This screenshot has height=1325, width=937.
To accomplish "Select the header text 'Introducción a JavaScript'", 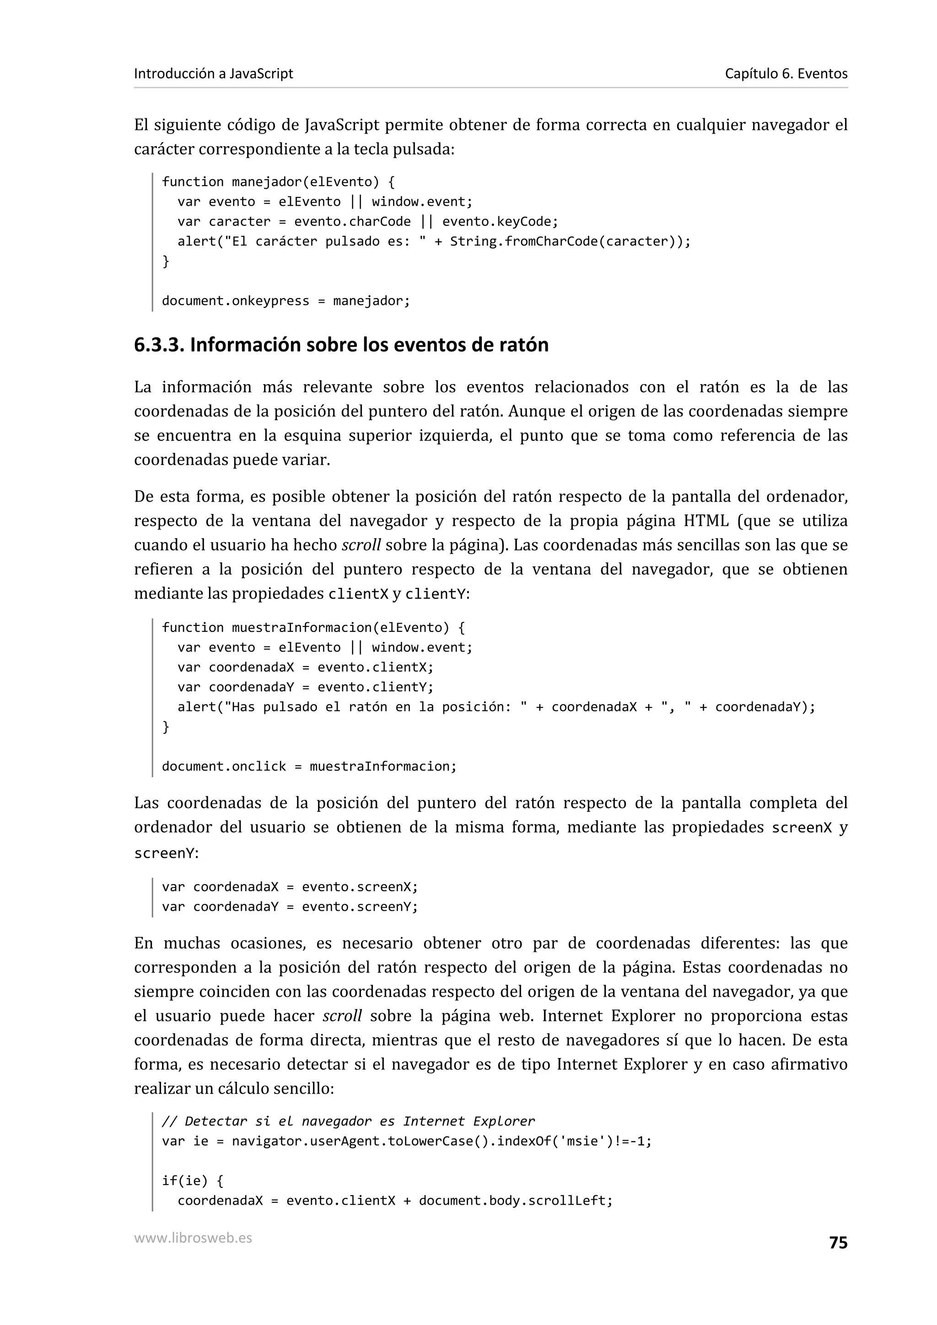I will pyautogui.click(x=214, y=74).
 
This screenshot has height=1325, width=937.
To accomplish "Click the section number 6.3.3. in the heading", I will pyautogui.click(x=159, y=345).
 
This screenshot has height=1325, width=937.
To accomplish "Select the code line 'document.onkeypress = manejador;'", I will pyautogui.click(x=286, y=301).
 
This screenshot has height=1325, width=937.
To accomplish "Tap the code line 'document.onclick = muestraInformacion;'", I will pyautogui.click(x=309, y=766).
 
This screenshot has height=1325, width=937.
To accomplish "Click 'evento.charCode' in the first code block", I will pyautogui.click(x=352, y=222).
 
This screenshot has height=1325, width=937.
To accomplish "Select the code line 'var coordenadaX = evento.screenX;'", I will pyautogui.click(x=290, y=887).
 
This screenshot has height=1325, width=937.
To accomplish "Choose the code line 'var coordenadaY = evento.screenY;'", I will pyautogui.click(x=290, y=907).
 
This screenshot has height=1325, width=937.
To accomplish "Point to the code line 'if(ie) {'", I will pyautogui.click(x=192, y=1181).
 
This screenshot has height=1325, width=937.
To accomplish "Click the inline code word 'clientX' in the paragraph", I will pyautogui.click(x=358, y=594).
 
